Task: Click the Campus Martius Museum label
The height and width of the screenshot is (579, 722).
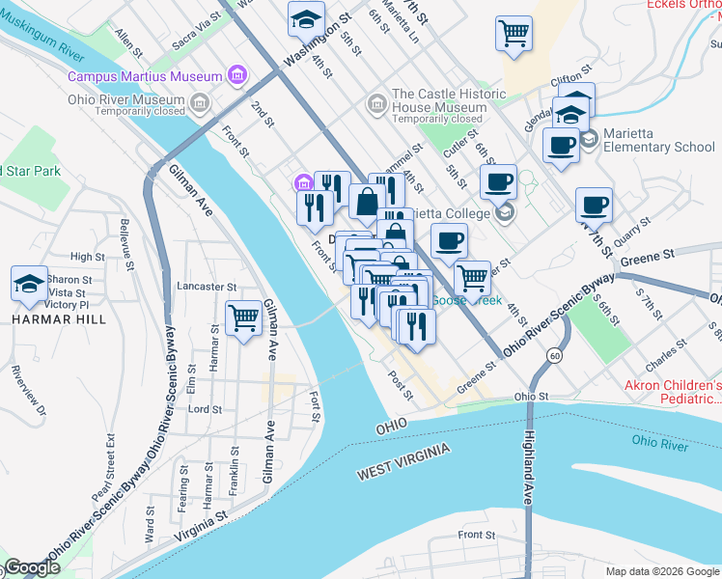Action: (145, 75)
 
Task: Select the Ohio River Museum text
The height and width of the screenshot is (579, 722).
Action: (126, 99)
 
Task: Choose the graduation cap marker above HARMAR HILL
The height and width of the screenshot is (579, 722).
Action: (29, 284)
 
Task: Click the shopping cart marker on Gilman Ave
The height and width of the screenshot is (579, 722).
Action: (243, 317)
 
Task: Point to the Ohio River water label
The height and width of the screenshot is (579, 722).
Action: (660, 443)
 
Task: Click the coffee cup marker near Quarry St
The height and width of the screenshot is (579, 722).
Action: (593, 205)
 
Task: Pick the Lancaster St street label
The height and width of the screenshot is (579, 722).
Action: (208, 287)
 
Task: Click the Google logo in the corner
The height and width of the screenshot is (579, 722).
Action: (32, 568)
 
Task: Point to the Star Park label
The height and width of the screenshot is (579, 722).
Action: (31, 171)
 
